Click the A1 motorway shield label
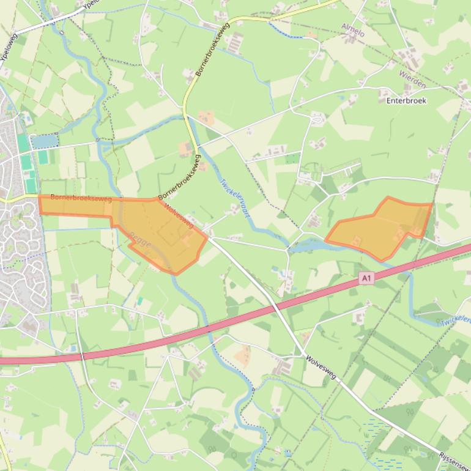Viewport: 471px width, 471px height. click(366, 279)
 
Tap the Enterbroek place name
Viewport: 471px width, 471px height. click(406, 100)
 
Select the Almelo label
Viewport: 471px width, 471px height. click(352, 30)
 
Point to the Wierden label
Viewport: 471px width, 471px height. click(412, 79)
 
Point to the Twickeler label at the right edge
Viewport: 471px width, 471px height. click(456, 321)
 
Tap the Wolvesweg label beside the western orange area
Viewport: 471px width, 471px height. click(179, 215)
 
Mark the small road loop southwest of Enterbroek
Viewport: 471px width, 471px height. click(317, 119)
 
